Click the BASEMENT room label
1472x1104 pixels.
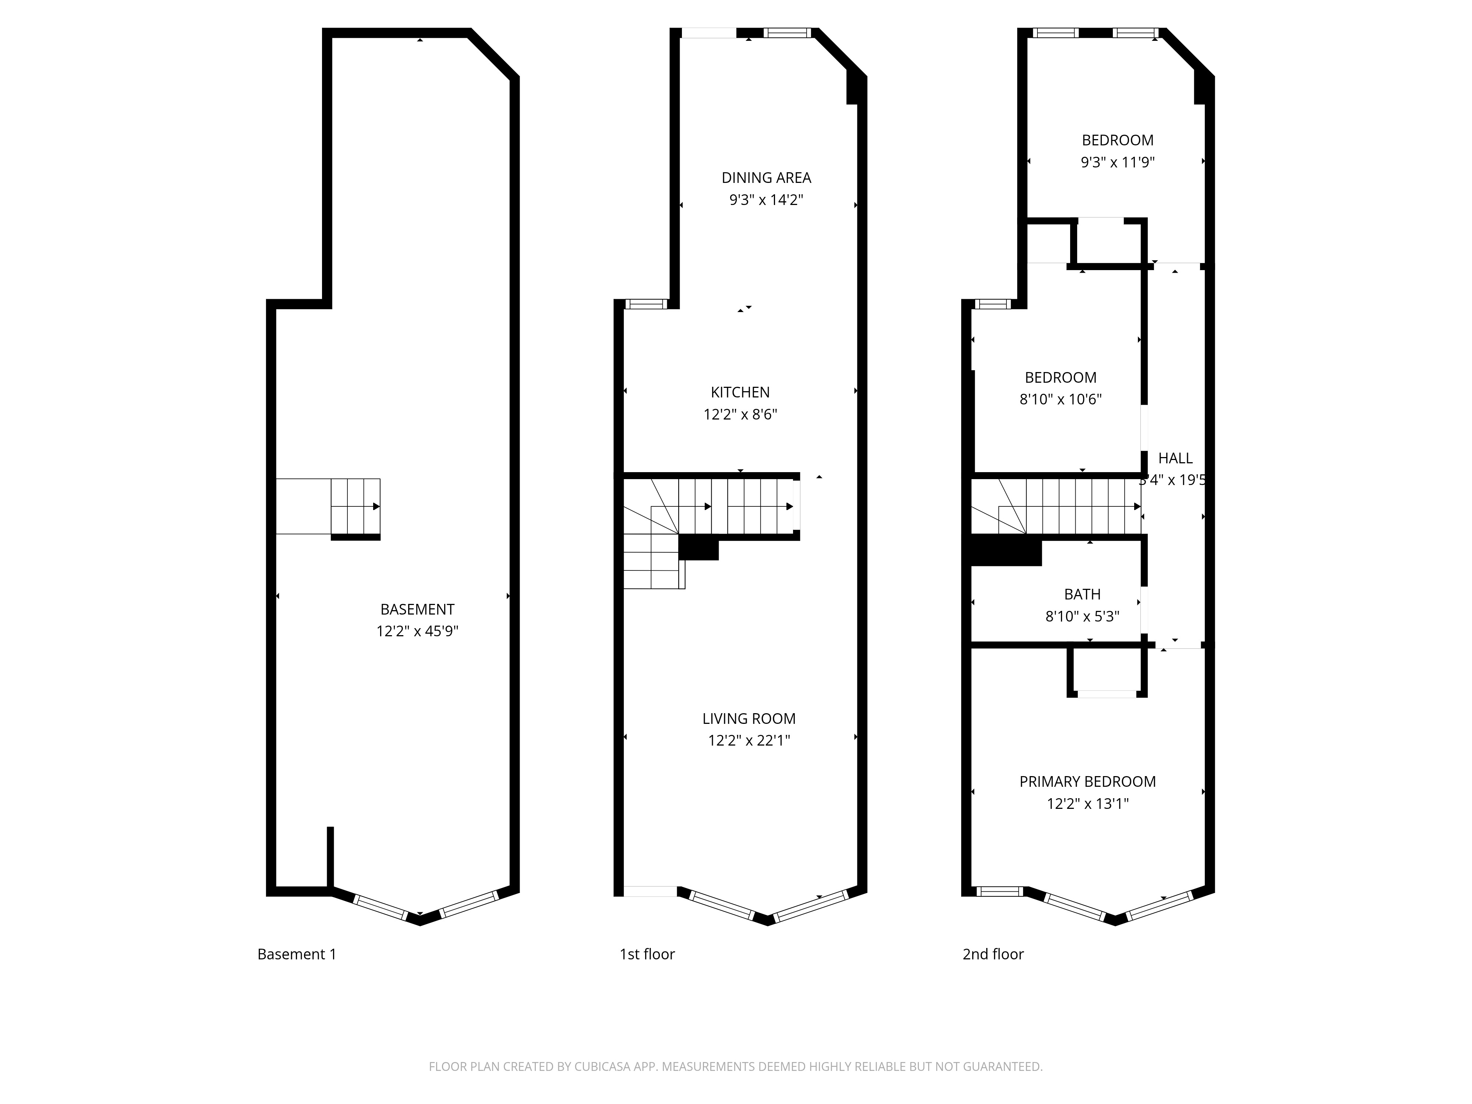[417, 609]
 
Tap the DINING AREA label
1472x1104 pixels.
[766, 178]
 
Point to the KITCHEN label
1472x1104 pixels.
[740, 393]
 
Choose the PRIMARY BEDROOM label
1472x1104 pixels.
[1087, 782]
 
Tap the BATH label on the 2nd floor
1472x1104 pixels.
[1082, 594]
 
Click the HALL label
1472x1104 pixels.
[1175, 459]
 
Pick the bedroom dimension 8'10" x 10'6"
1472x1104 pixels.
[1061, 399]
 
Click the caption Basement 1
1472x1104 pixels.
[297, 954]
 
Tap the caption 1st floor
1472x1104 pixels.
[647, 954]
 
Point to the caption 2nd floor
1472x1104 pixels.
[993, 954]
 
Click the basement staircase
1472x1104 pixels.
[355, 506]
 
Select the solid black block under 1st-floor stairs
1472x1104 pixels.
[698, 549]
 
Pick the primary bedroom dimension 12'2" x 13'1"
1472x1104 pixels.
[1087, 804]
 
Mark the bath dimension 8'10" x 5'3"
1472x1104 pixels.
[1082, 617]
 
